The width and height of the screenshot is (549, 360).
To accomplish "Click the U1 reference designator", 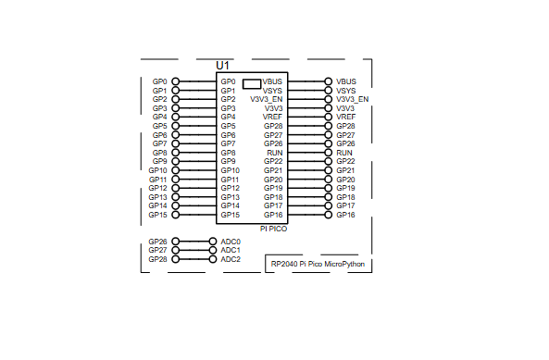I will click(x=222, y=66).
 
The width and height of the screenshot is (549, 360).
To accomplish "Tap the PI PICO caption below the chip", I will click(x=273, y=228).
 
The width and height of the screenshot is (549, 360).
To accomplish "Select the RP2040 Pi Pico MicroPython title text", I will click(x=318, y=264).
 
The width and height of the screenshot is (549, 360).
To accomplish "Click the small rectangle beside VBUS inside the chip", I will click(x=252, y=82).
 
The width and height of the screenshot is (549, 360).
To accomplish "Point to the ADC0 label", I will click(x=231, y=242).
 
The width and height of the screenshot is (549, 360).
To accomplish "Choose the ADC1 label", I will click(x=231, y=250).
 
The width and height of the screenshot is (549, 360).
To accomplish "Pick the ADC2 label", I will click(x=231, y=259).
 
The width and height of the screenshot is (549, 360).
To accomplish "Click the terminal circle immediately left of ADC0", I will click(x=212, y=242).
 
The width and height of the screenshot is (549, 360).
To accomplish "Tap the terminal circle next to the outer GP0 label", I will click(x=176, y=81).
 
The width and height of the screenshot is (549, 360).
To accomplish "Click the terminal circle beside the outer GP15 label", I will click(x=176, y=215).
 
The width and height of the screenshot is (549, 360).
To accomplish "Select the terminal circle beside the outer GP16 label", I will click(x=328, y=215).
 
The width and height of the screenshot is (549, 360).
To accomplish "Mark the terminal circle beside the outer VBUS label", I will click(x=328, y=81).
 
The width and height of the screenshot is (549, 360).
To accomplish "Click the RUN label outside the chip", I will click(x=344, y=153).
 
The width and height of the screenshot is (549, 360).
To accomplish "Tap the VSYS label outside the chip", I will click(x=346, y=91).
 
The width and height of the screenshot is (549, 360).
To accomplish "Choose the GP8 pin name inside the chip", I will click(x=229, y=153).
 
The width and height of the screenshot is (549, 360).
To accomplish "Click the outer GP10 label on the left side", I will click(x=157, y=170).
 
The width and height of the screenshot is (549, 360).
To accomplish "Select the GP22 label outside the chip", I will click(x=345, y=161).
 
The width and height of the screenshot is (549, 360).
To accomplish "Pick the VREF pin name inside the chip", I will click(x=272, y=117).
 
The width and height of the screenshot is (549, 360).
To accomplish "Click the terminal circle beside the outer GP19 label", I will click(x=328, y=188).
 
